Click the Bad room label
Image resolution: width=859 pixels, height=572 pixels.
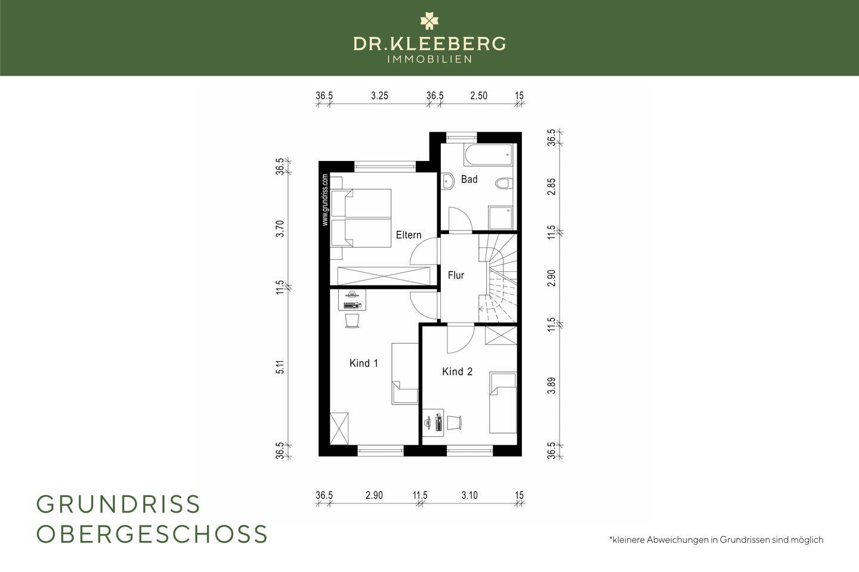[x=469, y=179]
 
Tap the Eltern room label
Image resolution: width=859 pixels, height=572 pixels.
[x=409, y=235]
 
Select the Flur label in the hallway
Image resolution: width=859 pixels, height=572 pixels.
[x=456, y=275]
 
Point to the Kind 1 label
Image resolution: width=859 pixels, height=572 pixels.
[x=363, y=363]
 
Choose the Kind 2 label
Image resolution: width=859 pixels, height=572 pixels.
[x=457, y=371]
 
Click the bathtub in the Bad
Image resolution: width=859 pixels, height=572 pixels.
[x=488, y=155]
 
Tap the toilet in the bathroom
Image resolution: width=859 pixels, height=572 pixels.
[x=503, y=183]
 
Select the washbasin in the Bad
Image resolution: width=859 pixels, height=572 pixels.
[x=447, y=181]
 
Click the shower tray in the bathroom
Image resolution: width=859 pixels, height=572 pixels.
[x=500, y=217]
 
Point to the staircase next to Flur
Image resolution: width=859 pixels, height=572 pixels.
[x=498, y=278]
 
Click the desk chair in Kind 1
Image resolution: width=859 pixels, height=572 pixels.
[x=353, y=321]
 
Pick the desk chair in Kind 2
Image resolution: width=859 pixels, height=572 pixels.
[x=455, y=423]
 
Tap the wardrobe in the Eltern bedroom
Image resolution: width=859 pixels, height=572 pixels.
[x=384, y=276]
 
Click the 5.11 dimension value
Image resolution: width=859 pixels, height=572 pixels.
[x=280, y=367]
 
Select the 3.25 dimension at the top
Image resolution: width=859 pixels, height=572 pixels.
[x=379, y=96]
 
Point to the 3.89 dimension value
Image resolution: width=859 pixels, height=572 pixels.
[x=551, y=386]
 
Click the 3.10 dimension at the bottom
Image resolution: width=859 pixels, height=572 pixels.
[x=469, y=495]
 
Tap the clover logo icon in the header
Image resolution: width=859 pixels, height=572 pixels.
[x=429, y=21]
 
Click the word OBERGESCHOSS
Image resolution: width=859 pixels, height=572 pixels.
[x=152, y=534]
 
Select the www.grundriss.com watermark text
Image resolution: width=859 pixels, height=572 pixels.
[x=325, y=200]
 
